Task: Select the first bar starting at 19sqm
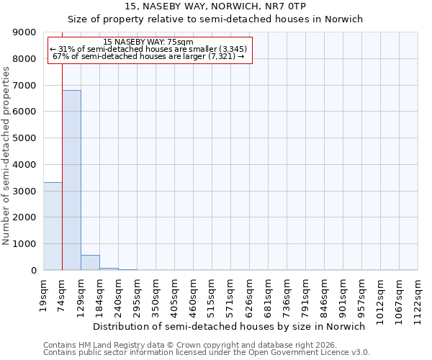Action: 53,226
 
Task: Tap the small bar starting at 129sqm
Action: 90,263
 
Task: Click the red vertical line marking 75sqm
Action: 63,158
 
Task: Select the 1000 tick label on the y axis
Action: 27,244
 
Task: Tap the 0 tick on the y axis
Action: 34,271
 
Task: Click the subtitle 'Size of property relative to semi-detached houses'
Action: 215,19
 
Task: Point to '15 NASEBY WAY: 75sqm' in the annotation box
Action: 148,42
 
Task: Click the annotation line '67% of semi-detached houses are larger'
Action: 148,57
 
